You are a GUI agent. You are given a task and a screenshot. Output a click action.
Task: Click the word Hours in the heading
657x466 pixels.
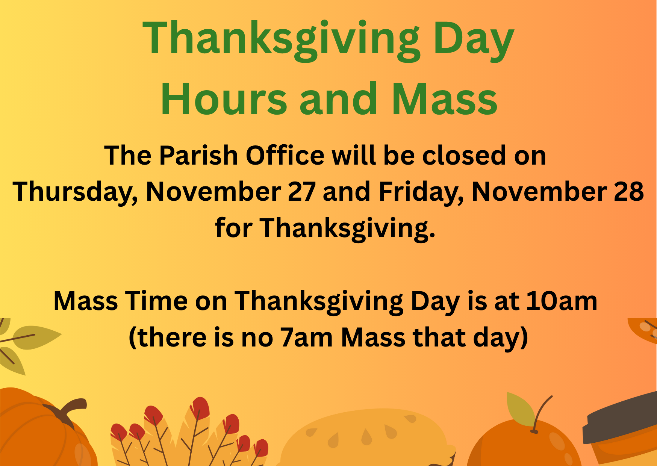[x=224, y=99]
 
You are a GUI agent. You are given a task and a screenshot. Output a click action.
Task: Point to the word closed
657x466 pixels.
[x=464, y=155]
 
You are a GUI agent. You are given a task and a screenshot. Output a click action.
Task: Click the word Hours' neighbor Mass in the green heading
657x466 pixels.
[x=445, y=99]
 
